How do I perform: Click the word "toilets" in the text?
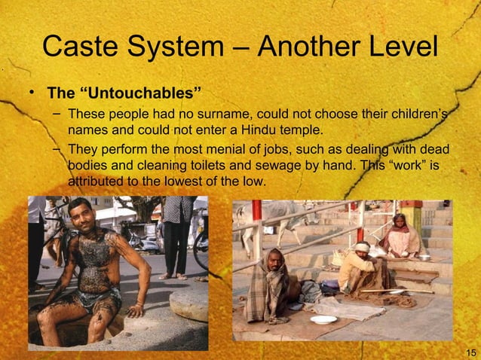pyautogui.click(x=204, y=166)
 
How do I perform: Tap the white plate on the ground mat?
pyautogui.click(x=323, y=319)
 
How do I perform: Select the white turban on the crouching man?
pyautogui.click(x=363, y=247)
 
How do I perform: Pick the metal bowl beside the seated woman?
pyautogui.click(x=424, y=258)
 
